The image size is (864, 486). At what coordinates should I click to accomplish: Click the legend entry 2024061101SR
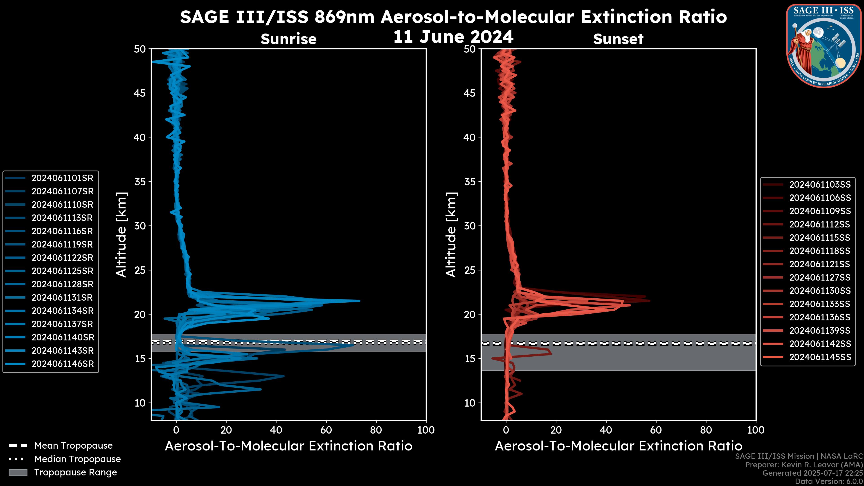coord(62,178)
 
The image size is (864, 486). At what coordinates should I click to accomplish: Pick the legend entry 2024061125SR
coord(62,271)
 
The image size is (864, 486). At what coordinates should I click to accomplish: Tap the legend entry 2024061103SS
coord(820,185)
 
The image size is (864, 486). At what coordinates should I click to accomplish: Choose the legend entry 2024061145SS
coord(820,357)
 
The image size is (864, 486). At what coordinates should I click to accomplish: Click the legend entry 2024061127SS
coord(820,278)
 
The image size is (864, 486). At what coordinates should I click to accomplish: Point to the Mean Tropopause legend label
coord(73,446)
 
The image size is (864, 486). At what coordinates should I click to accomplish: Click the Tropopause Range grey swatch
coord(18,472)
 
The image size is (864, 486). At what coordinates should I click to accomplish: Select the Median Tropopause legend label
coord(77,459)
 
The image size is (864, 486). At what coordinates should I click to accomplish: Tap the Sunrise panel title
coord(288,39)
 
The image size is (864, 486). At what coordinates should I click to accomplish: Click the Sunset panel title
coord(618,39)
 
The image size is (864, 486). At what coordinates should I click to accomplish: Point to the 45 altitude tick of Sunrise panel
coord(140,93)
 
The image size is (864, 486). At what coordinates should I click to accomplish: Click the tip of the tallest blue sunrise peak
coord(360,301)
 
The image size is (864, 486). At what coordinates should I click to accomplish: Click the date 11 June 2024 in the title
coord(453,37)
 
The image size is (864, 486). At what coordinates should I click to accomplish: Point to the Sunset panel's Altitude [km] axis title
coord(451,235)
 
